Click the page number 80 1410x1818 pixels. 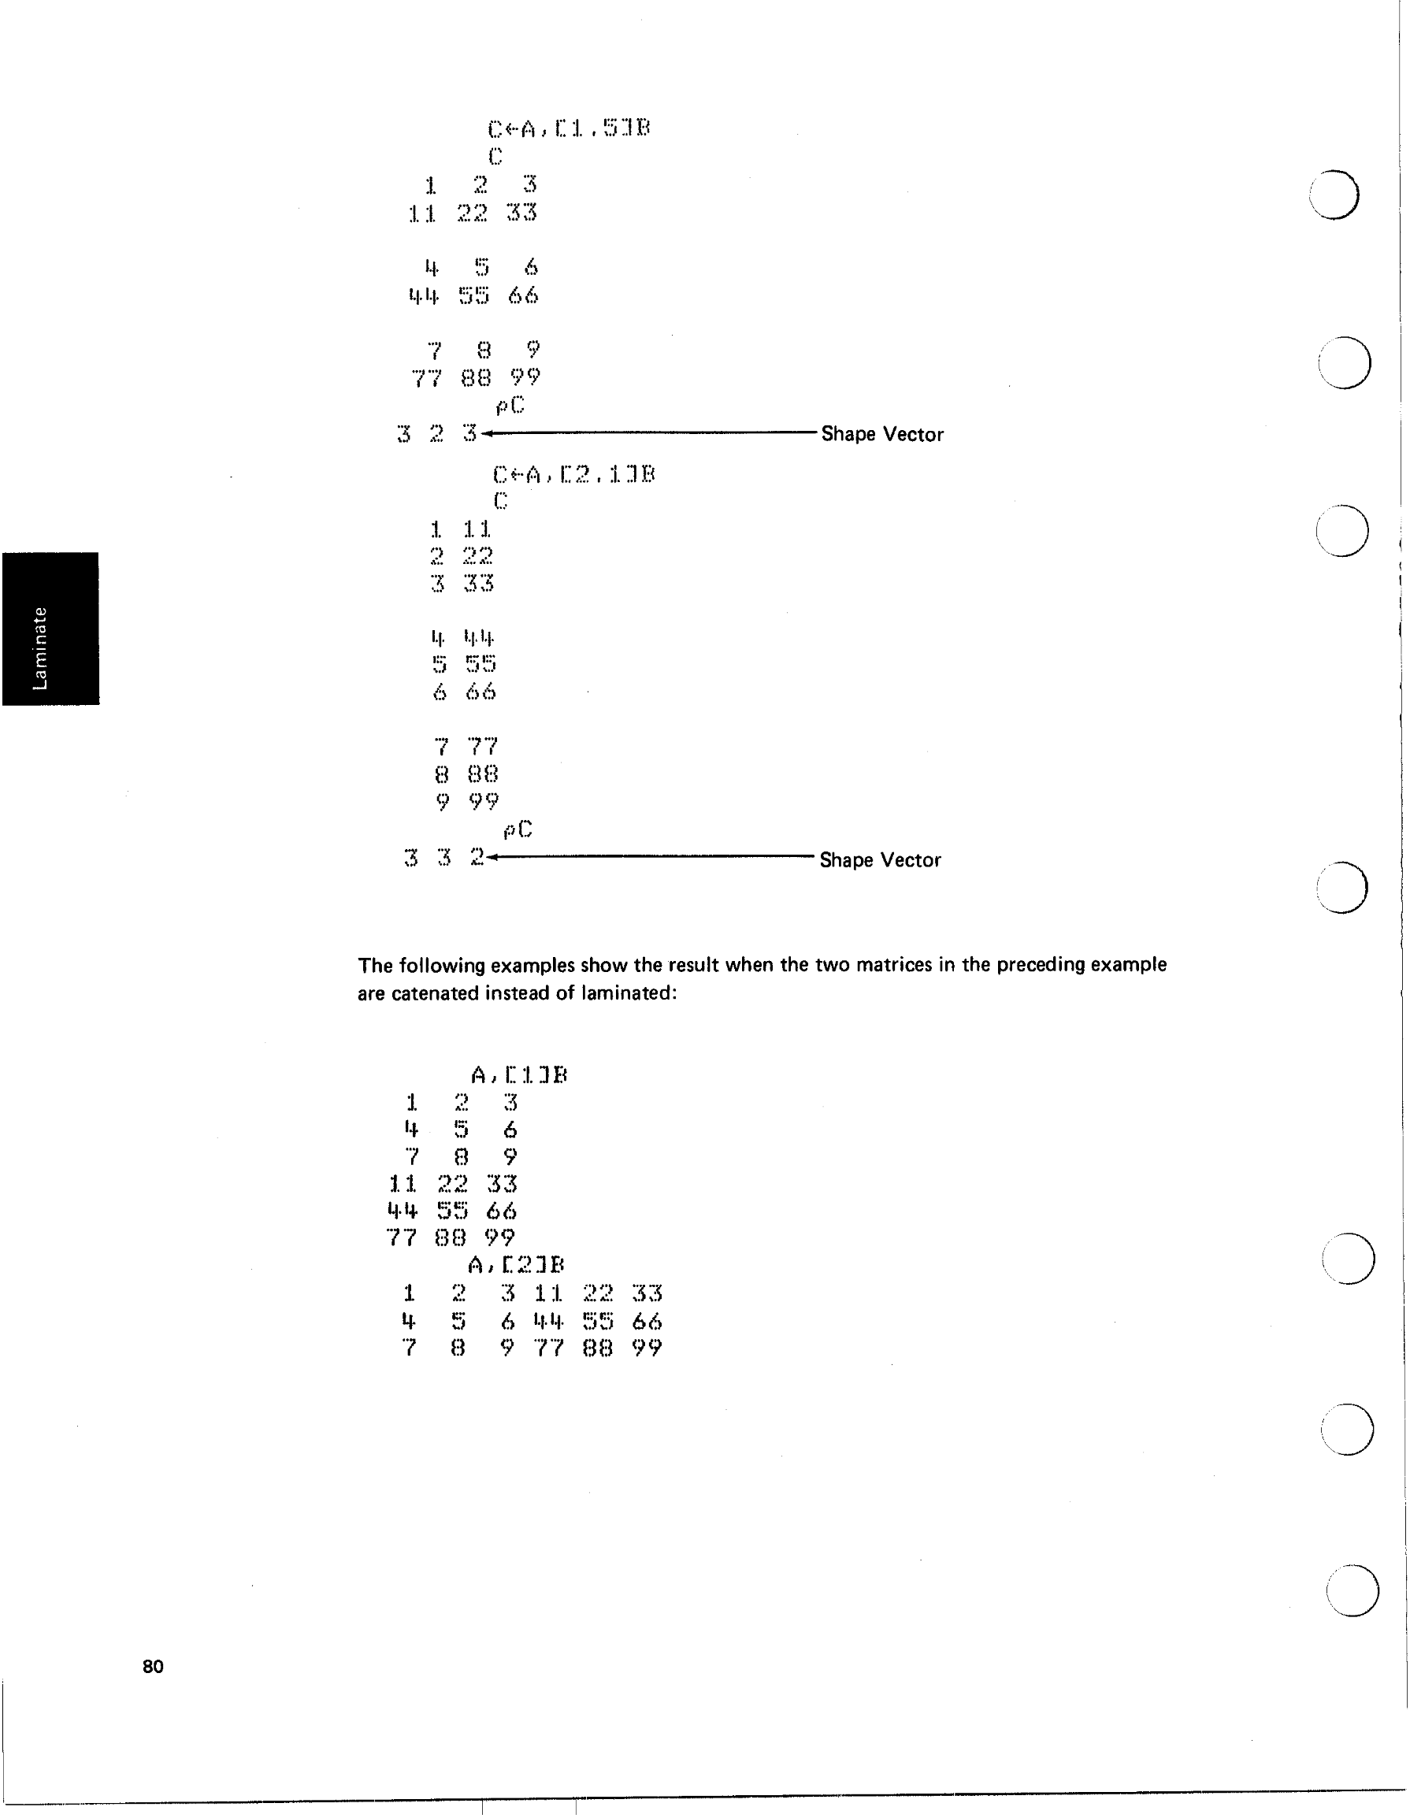coord(153,1666)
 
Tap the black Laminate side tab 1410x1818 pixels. coord(50,629)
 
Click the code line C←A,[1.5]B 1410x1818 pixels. coord(569,128)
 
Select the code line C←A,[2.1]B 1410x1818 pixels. coord(573,474)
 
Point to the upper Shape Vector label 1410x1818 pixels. coord(882,434)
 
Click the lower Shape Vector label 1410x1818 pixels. coord(880,860)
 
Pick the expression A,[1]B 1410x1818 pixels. coord(518,1074)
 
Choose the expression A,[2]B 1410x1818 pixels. coord(516,1265)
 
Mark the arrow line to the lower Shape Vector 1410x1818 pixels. coord(653,856)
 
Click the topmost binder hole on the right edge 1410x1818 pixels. coord(1334,194)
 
